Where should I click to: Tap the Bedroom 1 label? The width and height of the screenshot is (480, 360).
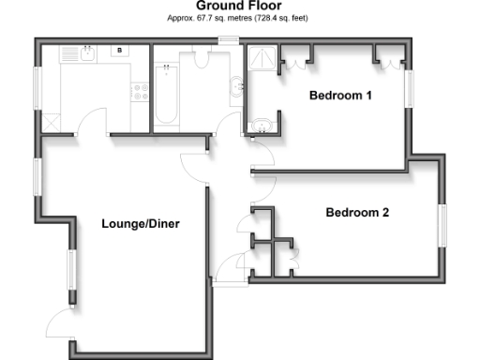click(342, 96)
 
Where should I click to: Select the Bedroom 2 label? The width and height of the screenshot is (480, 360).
click(356, 213)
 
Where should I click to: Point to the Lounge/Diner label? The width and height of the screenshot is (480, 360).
click(141, 223)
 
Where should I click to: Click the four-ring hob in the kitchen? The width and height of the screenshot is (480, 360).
click(141, 91)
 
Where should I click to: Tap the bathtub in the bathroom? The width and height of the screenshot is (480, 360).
click(166, 94)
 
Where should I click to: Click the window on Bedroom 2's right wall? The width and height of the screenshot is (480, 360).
click(443, 226)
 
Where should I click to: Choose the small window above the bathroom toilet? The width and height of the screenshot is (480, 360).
click(227, 39)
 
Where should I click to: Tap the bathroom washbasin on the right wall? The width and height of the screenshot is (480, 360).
click(239, 89)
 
